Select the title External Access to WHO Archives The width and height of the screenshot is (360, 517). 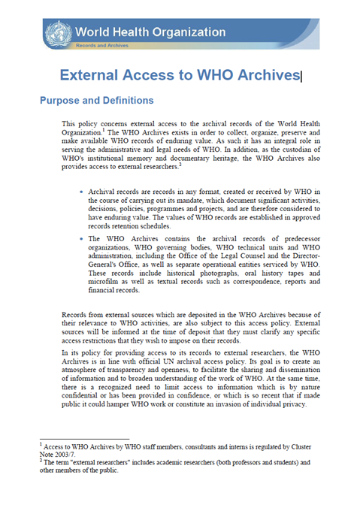[179, 75]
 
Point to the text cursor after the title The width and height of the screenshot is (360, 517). [301, 75]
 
